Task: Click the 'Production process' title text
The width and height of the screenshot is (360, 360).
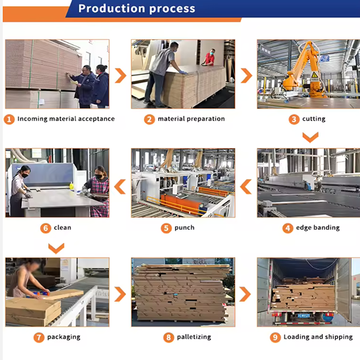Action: tap(137, 9)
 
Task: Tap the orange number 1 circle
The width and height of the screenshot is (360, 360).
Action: tap(9, 119)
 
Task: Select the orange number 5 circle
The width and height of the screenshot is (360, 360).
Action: tap(166, 228)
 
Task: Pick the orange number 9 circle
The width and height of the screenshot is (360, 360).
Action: tap(275, 337)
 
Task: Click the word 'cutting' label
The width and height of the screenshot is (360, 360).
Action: tap(314, 119)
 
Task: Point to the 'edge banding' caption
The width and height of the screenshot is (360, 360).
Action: tap(318, 227)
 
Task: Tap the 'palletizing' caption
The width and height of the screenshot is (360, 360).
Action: tap(194, 337)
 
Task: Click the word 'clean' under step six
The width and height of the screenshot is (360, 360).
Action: tap(62, 227)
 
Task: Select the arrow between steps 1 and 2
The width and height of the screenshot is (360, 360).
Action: tap(121, 76)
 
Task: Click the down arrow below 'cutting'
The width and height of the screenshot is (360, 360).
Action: tap(310, 137)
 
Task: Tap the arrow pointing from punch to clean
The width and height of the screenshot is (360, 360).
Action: tap(120, 187)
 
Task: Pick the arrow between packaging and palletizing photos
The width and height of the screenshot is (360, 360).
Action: tap(120, 294)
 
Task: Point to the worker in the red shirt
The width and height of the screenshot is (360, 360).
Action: tap(209, 58)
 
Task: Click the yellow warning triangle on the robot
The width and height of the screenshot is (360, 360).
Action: tap(314, 75)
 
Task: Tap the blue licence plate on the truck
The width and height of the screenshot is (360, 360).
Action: tap(304, 316)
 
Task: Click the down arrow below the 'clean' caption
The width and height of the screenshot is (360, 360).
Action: tap(56, 248)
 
